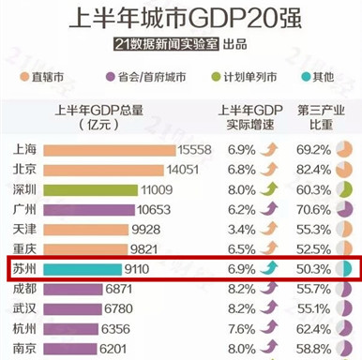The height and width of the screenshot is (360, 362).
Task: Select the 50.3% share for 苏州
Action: point(313,271)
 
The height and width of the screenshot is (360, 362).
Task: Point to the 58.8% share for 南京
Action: point(313,348)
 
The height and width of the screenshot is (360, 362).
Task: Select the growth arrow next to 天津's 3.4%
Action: point(269,230)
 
